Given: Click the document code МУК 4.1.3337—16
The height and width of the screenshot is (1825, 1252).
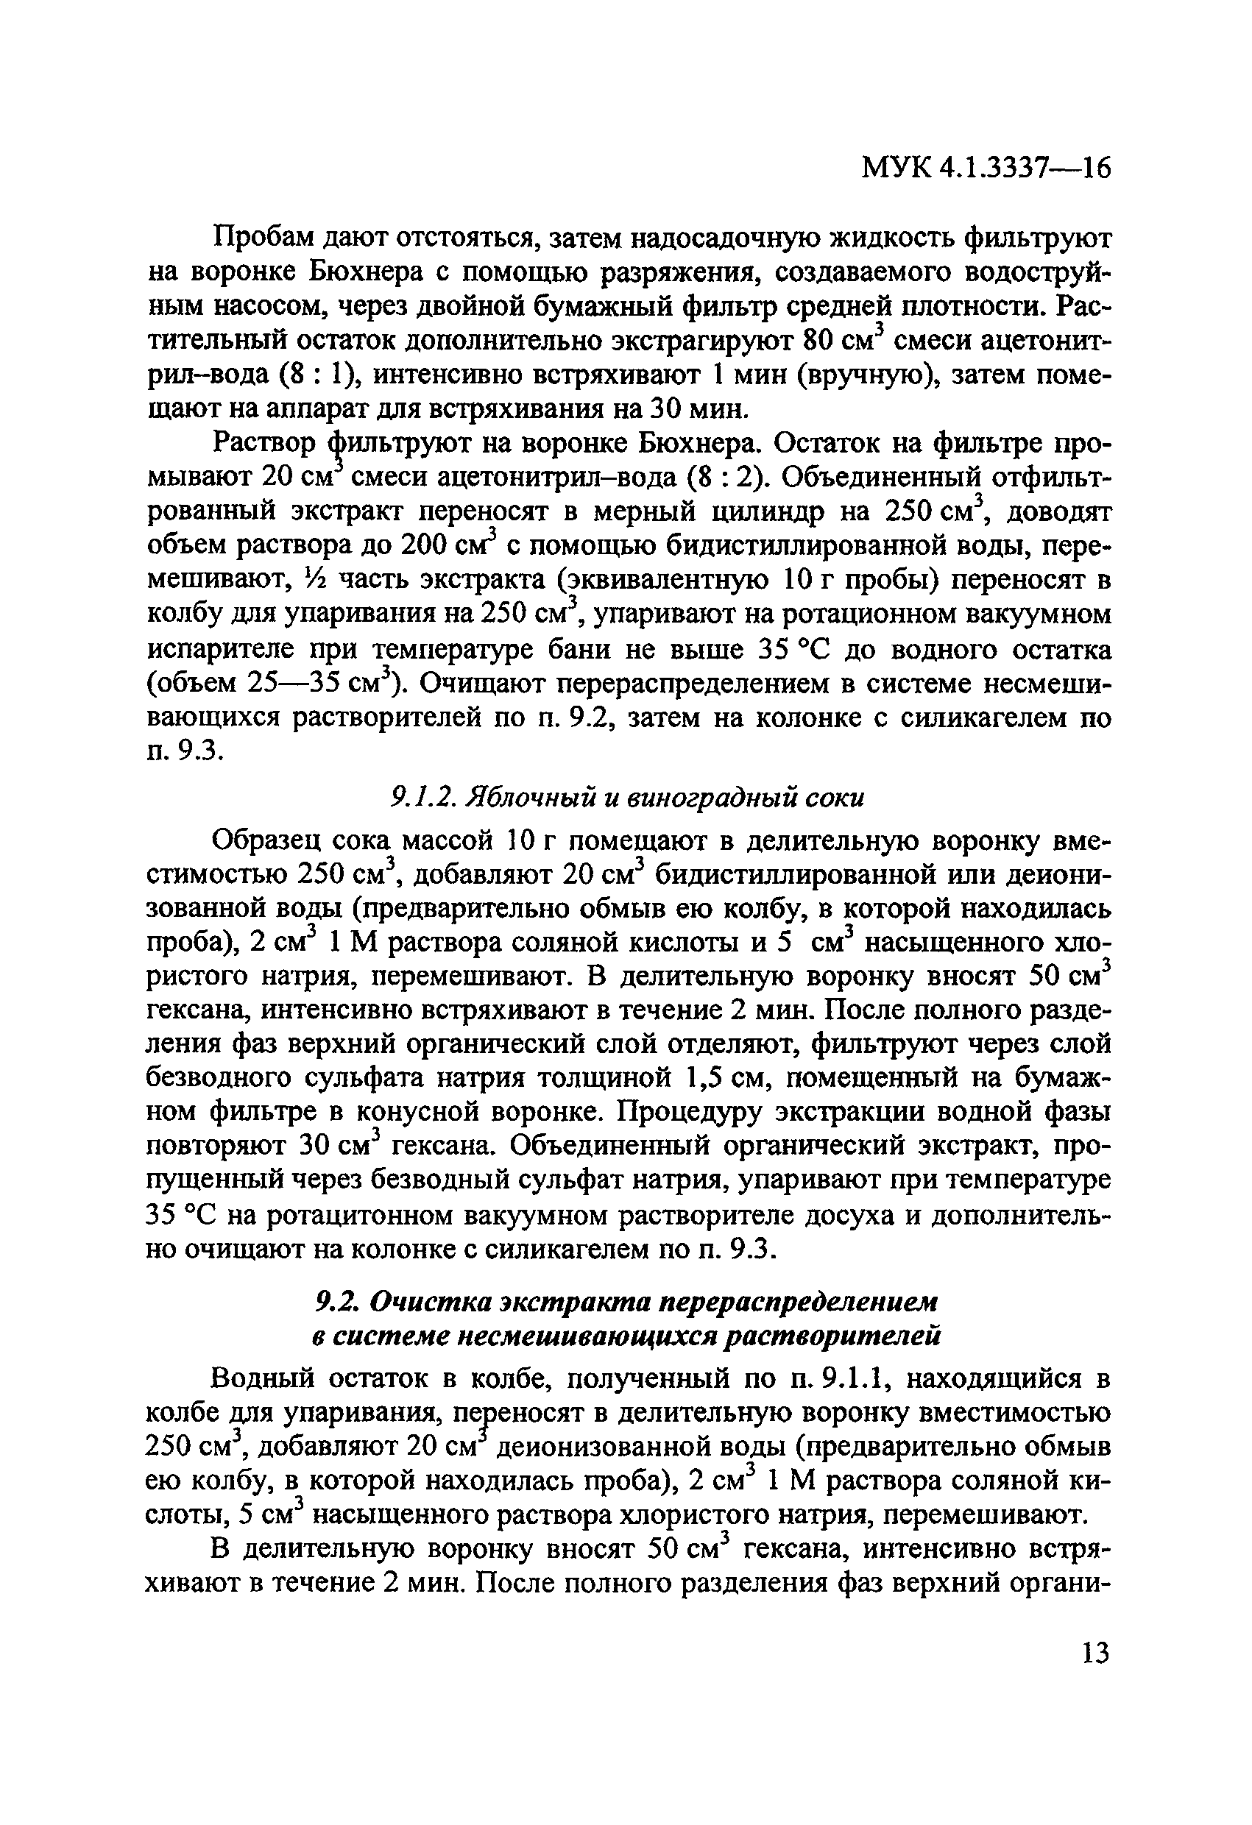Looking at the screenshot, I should pos(986,168).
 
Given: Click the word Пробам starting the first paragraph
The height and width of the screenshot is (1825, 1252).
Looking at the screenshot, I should pos(262,238).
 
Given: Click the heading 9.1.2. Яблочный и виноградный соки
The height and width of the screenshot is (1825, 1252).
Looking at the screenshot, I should pos(627,798).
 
